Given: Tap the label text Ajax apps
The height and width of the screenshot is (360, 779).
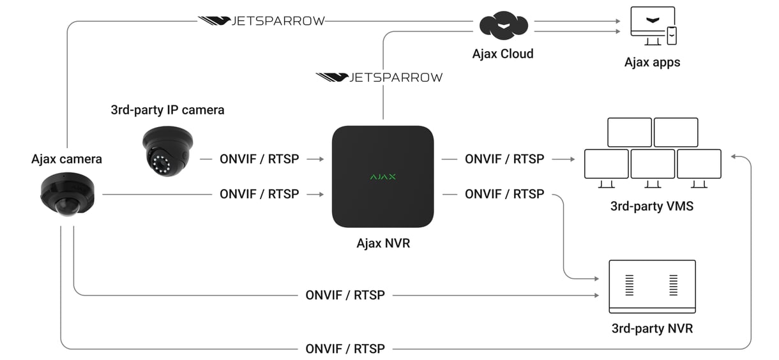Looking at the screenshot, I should tap(652, 63).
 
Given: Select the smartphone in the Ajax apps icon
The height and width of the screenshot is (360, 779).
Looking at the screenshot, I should tap(672, 36).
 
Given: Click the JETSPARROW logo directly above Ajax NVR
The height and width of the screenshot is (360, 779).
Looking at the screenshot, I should tap(379, 77).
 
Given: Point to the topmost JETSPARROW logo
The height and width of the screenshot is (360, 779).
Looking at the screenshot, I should tap(261, 21).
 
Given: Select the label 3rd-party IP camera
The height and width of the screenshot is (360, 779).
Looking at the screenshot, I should tap(167, 110).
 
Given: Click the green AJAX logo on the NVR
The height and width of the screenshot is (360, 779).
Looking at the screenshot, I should tap(382, 176).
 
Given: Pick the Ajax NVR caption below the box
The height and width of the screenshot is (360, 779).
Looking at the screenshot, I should tap(382, 243).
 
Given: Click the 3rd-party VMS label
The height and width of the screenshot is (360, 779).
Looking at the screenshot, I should tap(652, 206).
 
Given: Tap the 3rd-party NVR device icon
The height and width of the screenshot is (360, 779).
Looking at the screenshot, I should tap(652, 286).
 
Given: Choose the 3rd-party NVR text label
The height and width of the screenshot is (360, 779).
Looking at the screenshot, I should tap(652, 329).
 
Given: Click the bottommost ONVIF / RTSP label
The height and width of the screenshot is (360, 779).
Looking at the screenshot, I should tap(345, 349).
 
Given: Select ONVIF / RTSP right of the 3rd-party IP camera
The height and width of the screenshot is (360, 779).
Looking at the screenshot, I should tap(259, 159).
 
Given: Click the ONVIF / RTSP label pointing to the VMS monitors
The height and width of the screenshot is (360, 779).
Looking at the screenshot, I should tap(504, 159).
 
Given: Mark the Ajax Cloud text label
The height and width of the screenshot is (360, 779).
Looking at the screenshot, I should tap(503, 54).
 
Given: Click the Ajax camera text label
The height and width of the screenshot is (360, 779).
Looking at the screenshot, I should tap(66, 159).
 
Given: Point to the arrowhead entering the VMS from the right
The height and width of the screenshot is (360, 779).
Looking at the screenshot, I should tap(734, 156).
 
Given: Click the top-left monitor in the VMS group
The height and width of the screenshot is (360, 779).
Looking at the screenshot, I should tap(629, 132).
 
